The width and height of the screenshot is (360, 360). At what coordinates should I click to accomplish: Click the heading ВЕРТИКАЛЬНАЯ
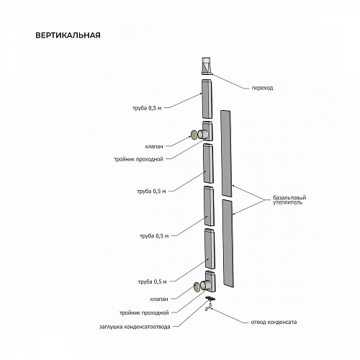tap(68, 35)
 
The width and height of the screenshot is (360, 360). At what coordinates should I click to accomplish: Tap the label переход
tap(262, 88)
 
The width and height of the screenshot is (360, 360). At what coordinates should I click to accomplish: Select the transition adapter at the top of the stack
tap(207, 66)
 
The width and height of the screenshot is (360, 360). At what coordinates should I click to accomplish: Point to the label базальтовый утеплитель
tap(289, 200)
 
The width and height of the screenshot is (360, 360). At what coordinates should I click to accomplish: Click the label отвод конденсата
tap(274, 322)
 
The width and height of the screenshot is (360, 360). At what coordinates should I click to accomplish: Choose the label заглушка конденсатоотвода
tap(135, 327)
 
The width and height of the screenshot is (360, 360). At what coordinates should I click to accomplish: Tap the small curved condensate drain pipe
tap(209, 307)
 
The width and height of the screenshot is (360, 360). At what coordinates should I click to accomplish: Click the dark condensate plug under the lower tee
tap(210, 298)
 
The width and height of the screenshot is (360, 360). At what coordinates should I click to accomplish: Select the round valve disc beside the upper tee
tap(194, 135)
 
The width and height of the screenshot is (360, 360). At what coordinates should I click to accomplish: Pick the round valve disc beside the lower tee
tap(197, 287)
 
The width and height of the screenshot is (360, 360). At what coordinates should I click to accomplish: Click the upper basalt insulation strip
tap(226, 153)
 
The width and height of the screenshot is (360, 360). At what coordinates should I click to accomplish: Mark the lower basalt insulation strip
tap(228, 243)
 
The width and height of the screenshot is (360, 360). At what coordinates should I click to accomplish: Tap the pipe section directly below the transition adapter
tap(207, 99)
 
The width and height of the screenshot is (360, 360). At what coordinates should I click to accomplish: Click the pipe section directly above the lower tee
tap(210, 248)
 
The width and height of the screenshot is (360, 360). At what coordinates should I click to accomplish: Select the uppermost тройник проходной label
tap(138, 159)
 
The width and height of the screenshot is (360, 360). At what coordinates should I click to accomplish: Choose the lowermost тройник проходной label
tap(144, 313)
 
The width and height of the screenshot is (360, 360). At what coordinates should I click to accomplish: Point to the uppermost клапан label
tap(154, 146)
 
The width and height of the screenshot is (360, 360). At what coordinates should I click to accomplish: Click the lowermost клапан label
tap(159, 300)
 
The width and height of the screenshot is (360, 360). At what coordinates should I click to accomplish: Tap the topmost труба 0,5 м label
tap(147, 108)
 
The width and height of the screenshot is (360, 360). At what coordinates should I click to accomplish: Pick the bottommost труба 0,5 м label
tap(153, 282)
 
